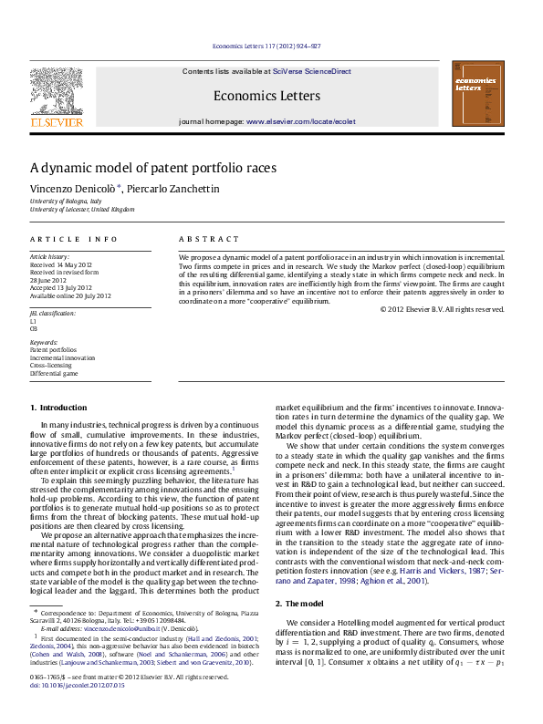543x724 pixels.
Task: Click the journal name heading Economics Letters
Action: point(266,96)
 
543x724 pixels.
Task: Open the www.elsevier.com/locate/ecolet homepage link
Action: point(300,121)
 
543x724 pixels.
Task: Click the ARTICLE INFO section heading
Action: point(73,239)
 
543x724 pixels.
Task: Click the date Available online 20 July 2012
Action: point(70,295)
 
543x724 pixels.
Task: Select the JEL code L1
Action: point(34,321)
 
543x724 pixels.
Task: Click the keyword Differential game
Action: point(54,373)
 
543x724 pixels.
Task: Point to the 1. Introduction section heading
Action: point(58,408)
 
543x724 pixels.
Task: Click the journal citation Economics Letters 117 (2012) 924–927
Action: point(266,45)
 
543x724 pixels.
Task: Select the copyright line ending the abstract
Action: point(442,309)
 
